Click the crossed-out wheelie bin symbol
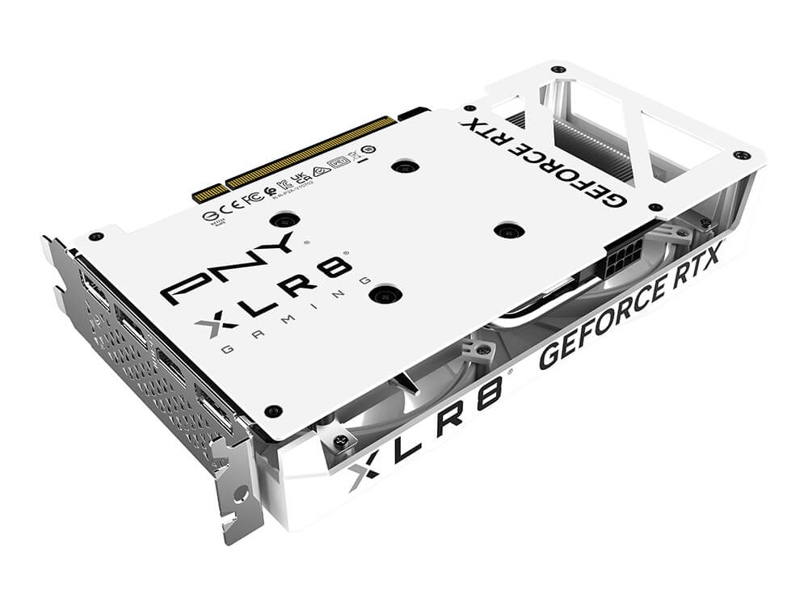point(354,156)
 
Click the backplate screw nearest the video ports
point(273,410)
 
